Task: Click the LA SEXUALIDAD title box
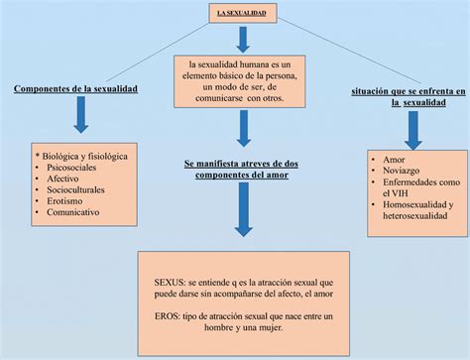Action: click(242, 13)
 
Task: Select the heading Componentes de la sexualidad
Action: click(75, 89)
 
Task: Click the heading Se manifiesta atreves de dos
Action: click(241, 162)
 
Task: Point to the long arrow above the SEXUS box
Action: click(242, 208)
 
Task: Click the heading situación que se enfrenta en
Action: click(408, 90)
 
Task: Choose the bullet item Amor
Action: click(393, 159)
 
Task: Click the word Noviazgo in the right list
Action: click(400, 170)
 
